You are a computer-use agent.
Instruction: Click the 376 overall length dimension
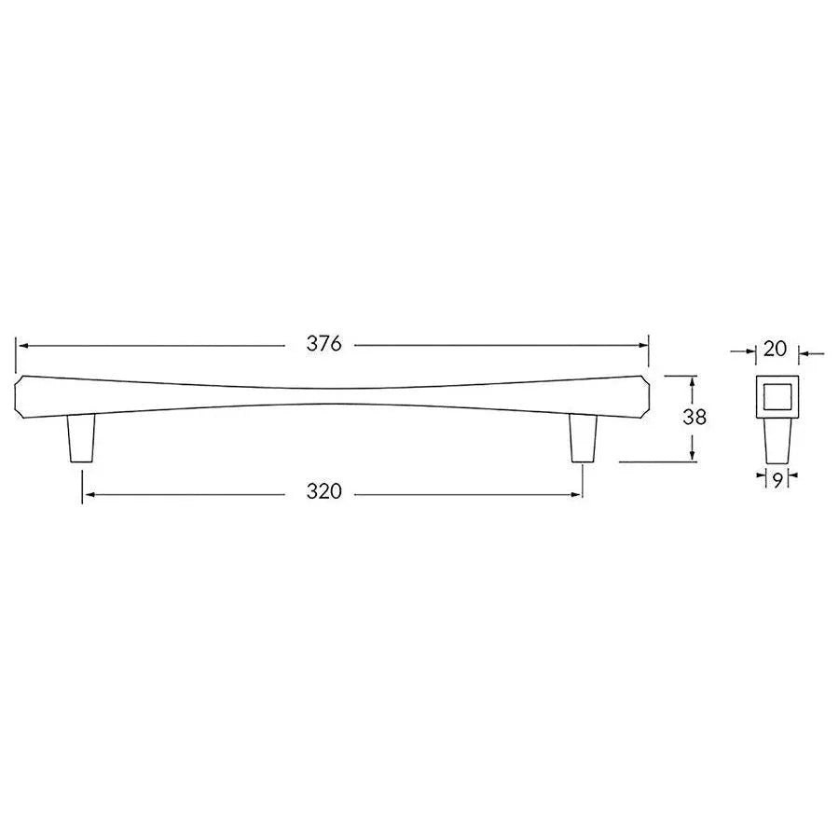pyautogui.click(x=324, y=344)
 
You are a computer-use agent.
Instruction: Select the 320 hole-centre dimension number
pyautogui.click(x=324, y=492)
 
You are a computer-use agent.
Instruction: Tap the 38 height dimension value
pyautogui.click(x=694, y=418)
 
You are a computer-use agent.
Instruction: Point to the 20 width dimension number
pyautogui.click(x=775, y=350)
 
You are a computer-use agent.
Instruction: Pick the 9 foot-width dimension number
pyautogui.click(x=776, y=479)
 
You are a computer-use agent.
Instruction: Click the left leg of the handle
pyautogui.click(x=82, y=437)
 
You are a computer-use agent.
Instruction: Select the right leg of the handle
pyautogui.click(x=584, y=437)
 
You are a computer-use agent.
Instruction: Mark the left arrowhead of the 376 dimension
pyautogui.click(x=21, y=345)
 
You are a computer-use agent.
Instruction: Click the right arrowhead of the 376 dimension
pyautogui.click(x=644, y=345)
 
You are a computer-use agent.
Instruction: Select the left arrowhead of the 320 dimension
pyautogui.click(x=87, y=493)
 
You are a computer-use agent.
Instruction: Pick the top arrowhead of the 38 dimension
pyautogui.click(x=693, y=380)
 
